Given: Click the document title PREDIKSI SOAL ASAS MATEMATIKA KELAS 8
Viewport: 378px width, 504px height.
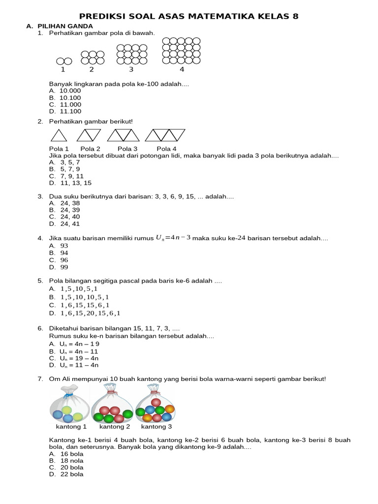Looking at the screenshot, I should [189, 17].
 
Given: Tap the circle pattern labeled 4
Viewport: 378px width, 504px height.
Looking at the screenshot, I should [181, 51].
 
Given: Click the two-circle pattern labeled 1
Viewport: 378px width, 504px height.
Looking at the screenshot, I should [64, 61].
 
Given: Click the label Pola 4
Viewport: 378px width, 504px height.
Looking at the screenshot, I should [166, 149].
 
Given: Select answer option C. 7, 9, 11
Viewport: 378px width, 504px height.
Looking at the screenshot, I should [66, 176].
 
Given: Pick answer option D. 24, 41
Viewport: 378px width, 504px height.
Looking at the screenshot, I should [64, 223].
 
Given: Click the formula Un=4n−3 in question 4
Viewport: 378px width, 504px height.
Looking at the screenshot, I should [173, 238].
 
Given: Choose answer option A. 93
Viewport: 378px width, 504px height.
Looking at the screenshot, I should [59, 245].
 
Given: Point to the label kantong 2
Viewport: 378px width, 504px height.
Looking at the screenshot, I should [115, 427].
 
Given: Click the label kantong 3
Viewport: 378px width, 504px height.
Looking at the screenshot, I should [157, 427].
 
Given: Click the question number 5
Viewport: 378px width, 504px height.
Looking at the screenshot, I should [40, 281].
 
